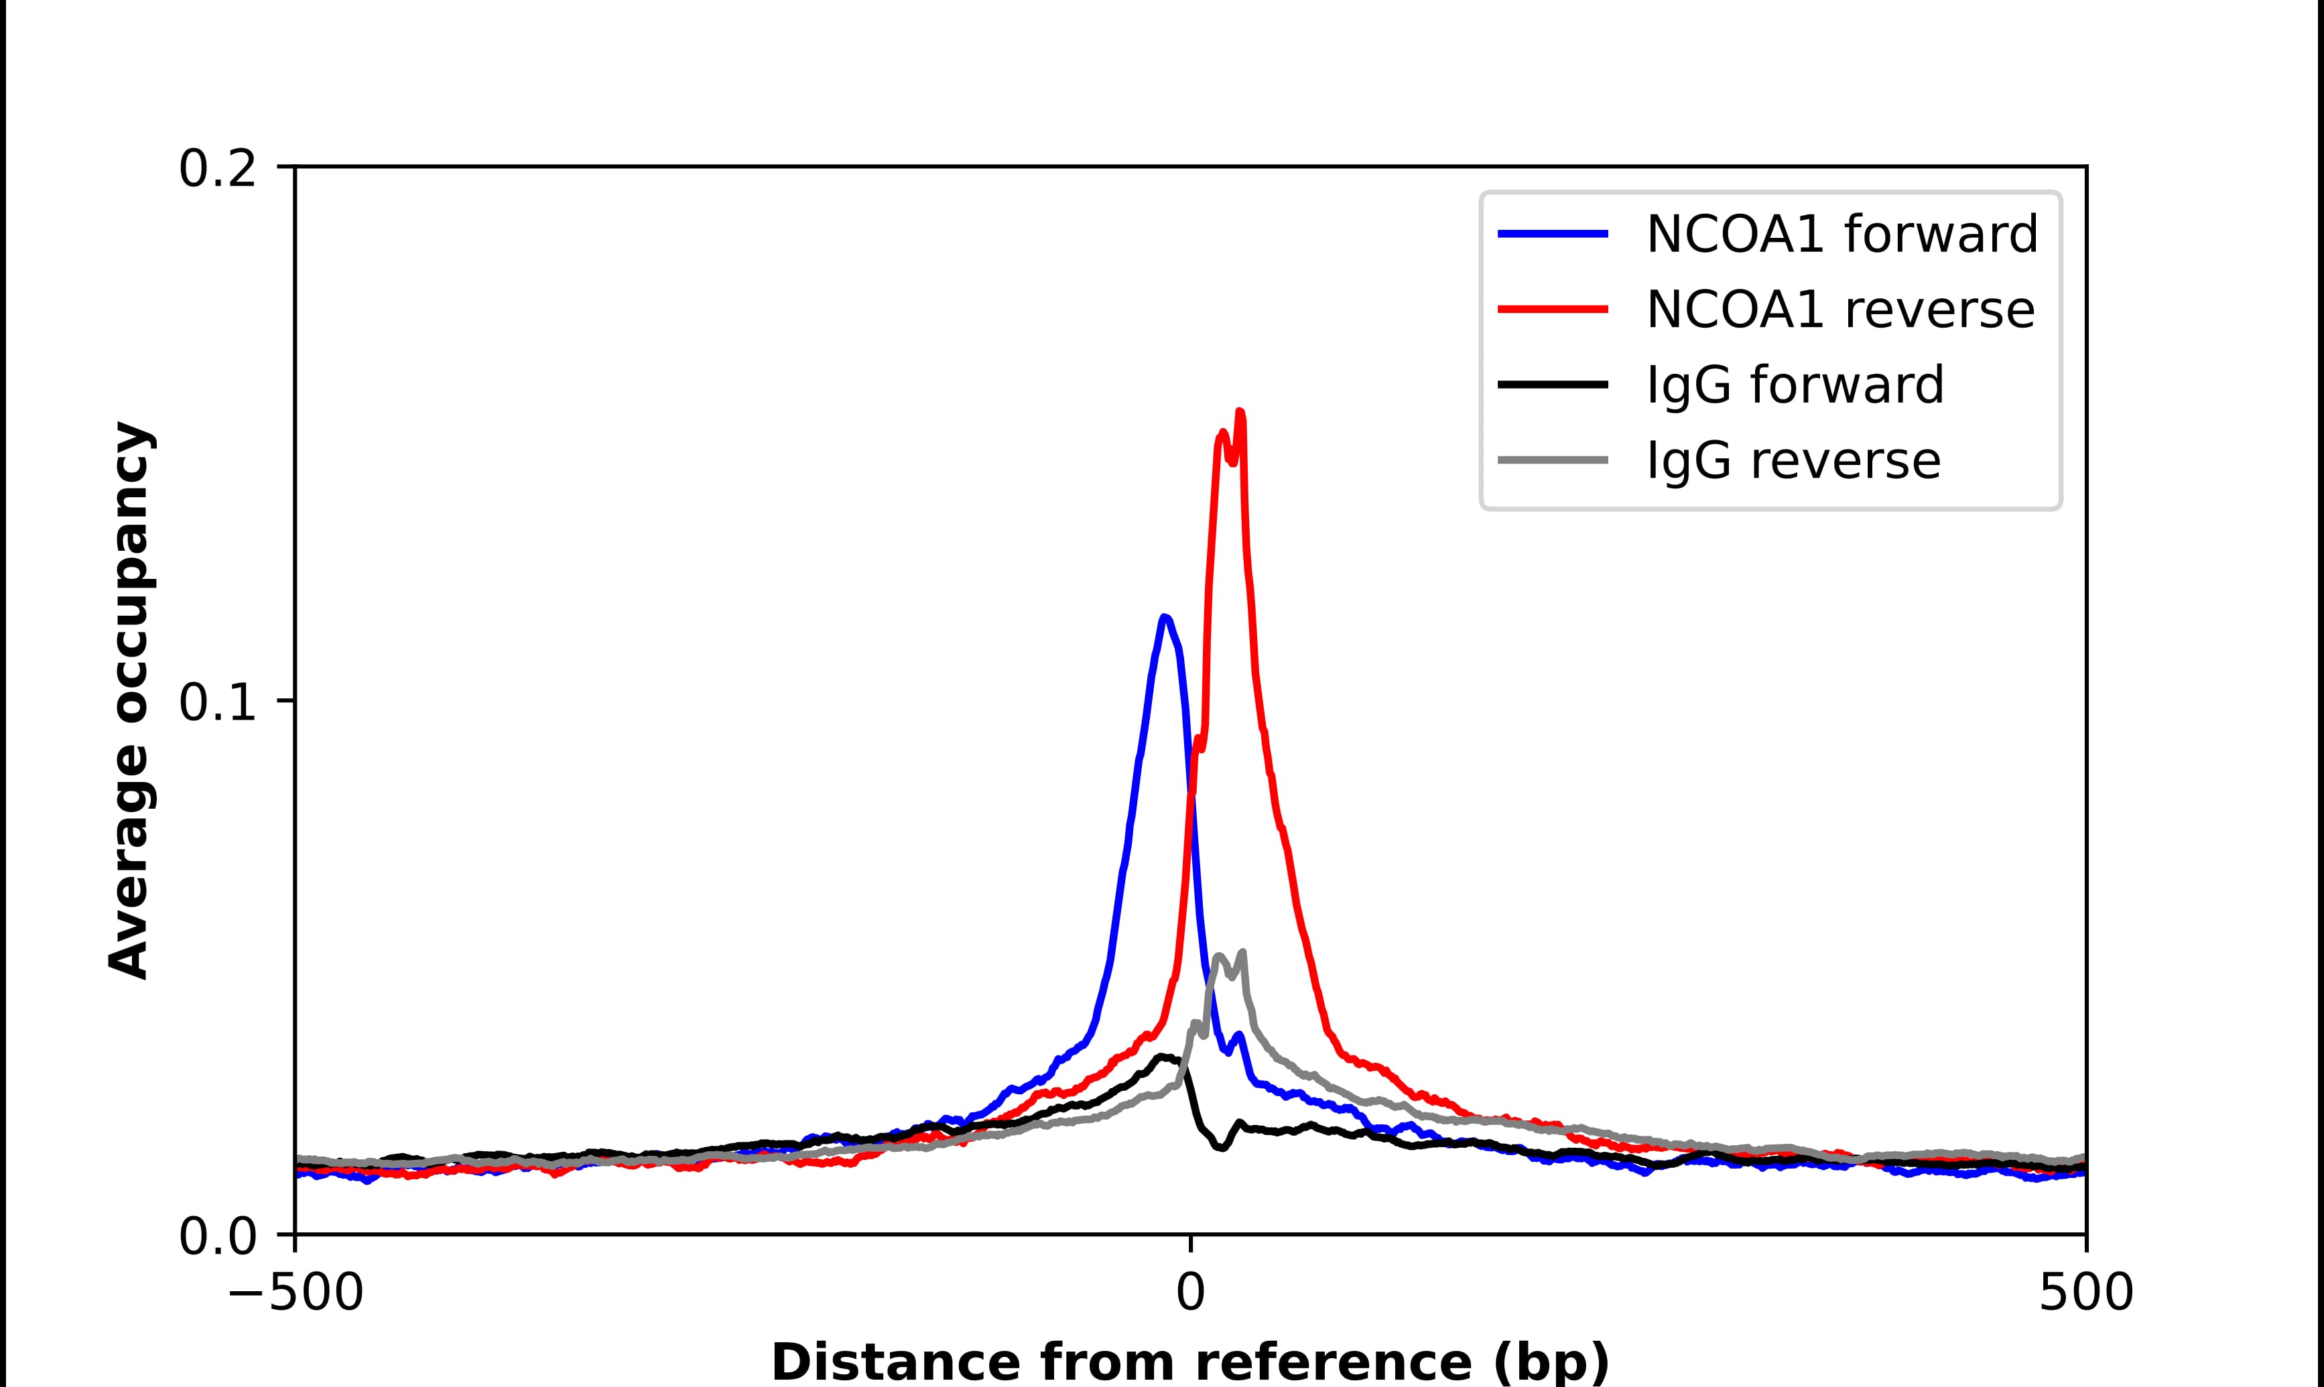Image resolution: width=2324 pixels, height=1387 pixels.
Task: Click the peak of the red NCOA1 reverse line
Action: (1240, 412)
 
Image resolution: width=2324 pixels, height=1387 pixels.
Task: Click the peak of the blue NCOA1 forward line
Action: (1163, 617)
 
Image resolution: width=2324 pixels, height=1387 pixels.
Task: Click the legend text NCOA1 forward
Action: (1841, 234)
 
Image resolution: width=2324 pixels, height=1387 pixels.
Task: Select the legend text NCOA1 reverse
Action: (1839, 310)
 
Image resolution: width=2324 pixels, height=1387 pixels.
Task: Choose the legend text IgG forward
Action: (1794, 385)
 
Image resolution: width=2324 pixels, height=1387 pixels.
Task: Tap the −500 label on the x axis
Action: (296, 1295)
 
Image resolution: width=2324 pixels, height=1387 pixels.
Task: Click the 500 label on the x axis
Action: (2085, 1295)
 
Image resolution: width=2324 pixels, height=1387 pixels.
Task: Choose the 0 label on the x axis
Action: (1191, 1295)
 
